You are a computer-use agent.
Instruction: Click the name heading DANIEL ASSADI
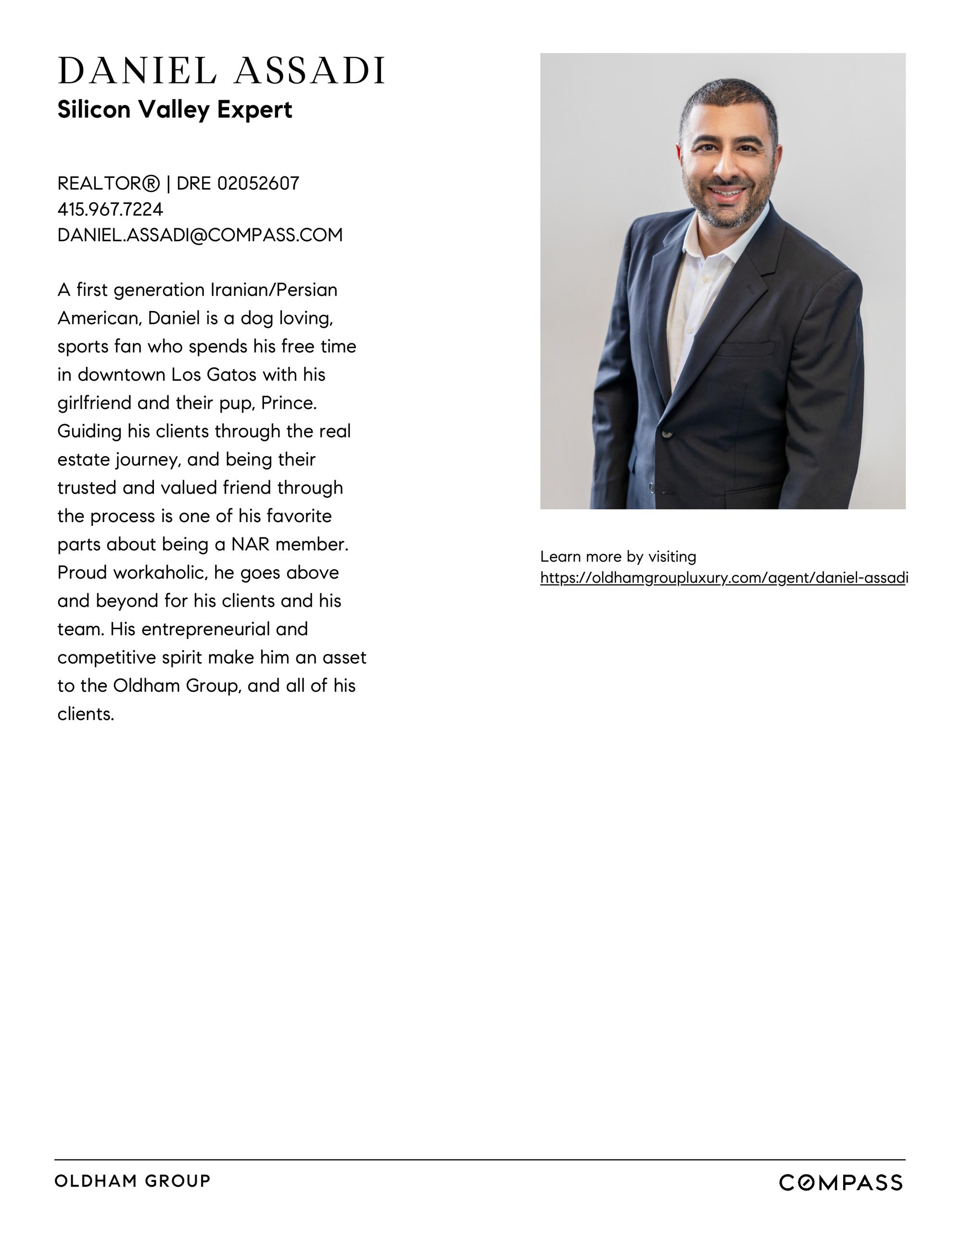click(x=221, y=71)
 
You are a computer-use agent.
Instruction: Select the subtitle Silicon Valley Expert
click(x=175, y=110)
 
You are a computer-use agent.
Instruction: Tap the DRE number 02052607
click(x=258, y=184)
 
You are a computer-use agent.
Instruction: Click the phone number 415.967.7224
click(x=110, y=210)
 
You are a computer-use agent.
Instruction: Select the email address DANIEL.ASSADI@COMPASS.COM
click(x=200, y=235)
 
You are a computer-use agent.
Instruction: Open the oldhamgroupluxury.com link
click(x=723, y=578)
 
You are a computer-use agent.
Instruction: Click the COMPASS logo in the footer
click(x=841, y=1183)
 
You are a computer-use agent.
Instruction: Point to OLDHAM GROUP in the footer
click(x=133, y=1181)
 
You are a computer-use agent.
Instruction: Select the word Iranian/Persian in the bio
click(x=274, y=290)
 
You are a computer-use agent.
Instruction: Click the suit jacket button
click(x=666, y=435)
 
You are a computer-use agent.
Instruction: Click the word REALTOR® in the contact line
click(x=108, y=184)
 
